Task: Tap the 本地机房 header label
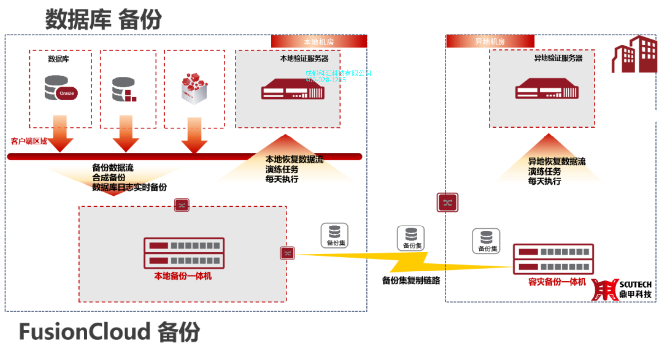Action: tap(318, 42)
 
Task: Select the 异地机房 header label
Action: tap(490, 42)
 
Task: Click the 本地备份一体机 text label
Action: tap(183, 276)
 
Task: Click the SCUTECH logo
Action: tap(622, 289)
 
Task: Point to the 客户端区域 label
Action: tap(29, 141)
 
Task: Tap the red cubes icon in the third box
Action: tap(193, 89)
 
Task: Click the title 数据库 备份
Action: tap(103, 20)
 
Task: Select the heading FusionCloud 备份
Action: tap(109, 331)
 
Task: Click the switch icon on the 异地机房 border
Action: tap(447, 202)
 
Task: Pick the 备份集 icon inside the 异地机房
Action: tap(486, 241)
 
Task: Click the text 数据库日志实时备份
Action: tap(129, 187)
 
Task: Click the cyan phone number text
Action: tap(326, 80)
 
